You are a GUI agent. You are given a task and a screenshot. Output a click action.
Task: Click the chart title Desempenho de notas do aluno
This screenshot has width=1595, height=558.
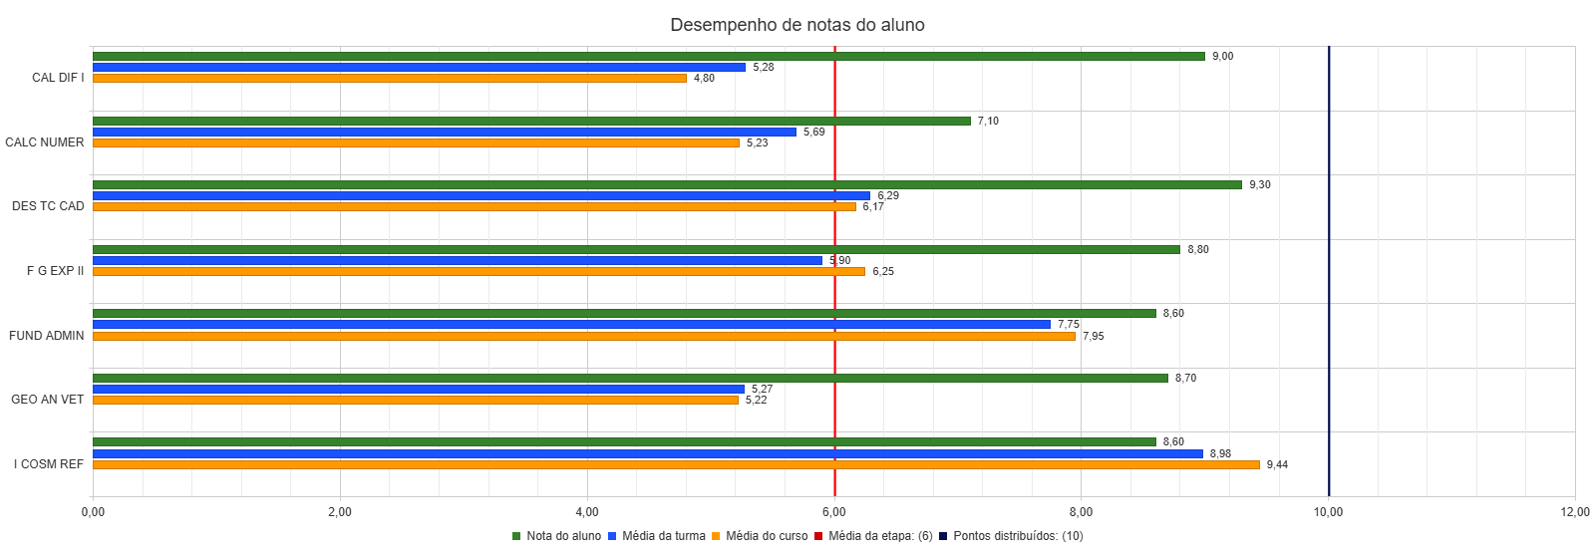pos(797,25)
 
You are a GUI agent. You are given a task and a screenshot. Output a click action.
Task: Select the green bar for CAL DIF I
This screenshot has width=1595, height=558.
pos(648,56)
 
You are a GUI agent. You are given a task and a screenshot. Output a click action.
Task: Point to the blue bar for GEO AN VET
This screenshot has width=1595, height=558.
pos(419,389)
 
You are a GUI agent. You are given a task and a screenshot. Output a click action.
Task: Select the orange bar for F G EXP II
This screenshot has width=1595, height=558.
pos(478,271)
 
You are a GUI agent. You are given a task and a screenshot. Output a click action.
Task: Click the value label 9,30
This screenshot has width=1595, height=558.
pos(1260,184)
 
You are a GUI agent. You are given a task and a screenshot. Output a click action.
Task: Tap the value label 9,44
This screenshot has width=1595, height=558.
pos(1277,464)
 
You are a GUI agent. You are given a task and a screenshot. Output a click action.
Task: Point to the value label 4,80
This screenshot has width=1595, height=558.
pos(704,78)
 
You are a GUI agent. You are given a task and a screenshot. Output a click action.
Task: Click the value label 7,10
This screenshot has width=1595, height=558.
pos(988,121)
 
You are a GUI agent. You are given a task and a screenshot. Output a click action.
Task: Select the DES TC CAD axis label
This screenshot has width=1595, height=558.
pos(48,206)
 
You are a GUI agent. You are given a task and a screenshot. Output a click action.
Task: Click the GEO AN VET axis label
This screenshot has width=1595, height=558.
pos(47,400)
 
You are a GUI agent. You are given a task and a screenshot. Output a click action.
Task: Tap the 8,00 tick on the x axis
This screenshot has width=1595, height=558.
pos(1081,512)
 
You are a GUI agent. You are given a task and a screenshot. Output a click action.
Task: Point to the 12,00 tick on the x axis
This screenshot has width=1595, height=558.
pos(1575,512)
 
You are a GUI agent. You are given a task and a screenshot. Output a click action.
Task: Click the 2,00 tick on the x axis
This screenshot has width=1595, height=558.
pos(340,512)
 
